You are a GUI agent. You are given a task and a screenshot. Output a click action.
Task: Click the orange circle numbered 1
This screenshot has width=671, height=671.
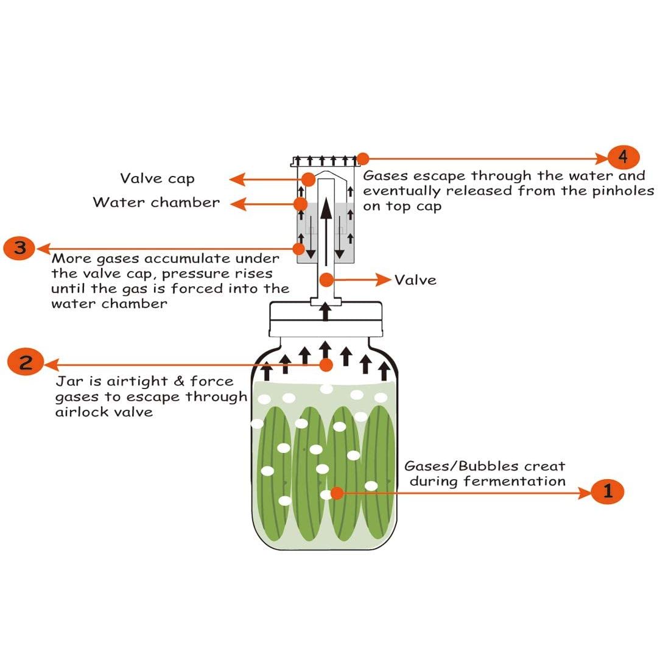click(x=608, y=491)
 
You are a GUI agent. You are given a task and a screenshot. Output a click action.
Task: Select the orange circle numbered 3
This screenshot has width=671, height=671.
click(x=19, y=248)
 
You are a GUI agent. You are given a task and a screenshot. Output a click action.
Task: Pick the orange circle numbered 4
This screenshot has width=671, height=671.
click(x=623, y=157)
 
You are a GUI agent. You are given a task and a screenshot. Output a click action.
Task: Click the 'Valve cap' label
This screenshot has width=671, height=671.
click(x=157, y=178)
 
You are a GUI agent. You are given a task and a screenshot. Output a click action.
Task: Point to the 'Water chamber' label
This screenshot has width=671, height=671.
click(x=156, y=202)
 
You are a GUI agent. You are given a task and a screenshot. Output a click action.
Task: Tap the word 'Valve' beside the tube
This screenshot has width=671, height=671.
click(x=415, y=280)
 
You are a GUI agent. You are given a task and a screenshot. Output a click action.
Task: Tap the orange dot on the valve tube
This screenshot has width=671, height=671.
click(x=327, y=280)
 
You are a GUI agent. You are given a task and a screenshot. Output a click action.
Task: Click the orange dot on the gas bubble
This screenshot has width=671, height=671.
click(x=335, y=492)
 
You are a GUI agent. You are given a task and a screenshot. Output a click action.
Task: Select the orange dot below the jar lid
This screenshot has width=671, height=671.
click(x=326, y=365)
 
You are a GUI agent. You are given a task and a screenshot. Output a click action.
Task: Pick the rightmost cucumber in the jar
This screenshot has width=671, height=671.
click(x=378, y=475)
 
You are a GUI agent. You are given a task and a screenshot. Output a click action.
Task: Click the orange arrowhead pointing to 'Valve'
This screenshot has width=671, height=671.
click(x=384, y=280)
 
